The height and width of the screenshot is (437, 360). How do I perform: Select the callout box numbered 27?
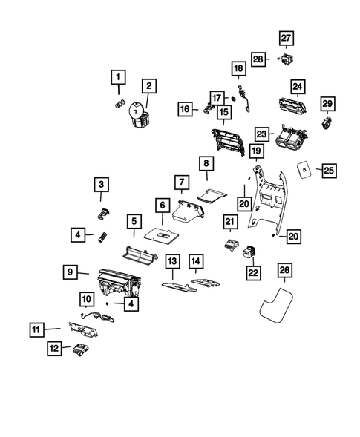pos(287,39)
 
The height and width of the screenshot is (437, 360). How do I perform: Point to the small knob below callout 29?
pos(327,123)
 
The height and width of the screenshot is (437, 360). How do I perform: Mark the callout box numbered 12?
pos(54,347)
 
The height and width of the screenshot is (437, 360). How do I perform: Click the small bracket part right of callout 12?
pos(79,351)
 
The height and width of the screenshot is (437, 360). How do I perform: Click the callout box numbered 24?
pos(298,87)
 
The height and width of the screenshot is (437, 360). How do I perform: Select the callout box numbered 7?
pos(180,182)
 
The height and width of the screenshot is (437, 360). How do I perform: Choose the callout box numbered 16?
pos(186,108)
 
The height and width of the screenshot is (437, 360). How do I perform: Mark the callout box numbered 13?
pos(172,261)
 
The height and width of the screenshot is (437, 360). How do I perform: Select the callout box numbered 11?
pos(37,328)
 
